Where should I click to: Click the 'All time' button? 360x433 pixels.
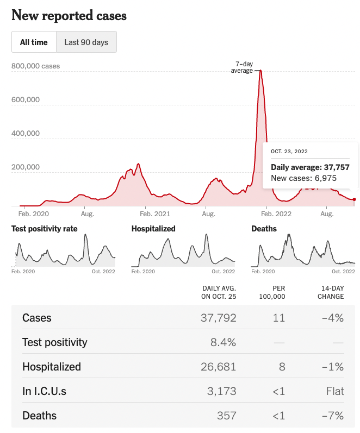click(x=34, y=42)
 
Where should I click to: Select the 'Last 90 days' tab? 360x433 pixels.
click(x=86, y=42)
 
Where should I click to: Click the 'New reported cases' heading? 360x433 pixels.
click(x=69, y=15)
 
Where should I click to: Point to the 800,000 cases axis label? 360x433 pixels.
click(x=35, y=66)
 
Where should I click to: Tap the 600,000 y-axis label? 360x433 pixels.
click(x=26, y=100)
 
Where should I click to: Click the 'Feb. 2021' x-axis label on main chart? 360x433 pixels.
click(x=154, y=214)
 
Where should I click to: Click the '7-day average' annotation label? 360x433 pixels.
click(x=242, y=67)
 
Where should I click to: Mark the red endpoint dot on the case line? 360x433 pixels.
click(x=355, y=200)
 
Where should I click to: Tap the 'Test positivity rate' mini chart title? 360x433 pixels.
click(x=45, y=229)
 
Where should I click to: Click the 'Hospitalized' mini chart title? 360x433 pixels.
click(x=153, y=229)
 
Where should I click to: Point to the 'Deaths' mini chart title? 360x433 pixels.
click(x=264, y=229)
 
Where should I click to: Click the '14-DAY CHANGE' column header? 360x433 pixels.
click(x=331, y=292)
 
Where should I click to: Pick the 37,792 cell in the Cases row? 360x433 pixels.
click(x=219, y=318)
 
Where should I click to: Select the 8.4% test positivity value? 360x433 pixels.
click(x=224, y=342)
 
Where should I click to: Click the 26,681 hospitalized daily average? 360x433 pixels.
click(x=219, y=367)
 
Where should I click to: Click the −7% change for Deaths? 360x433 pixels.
click(x=332, y=416)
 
